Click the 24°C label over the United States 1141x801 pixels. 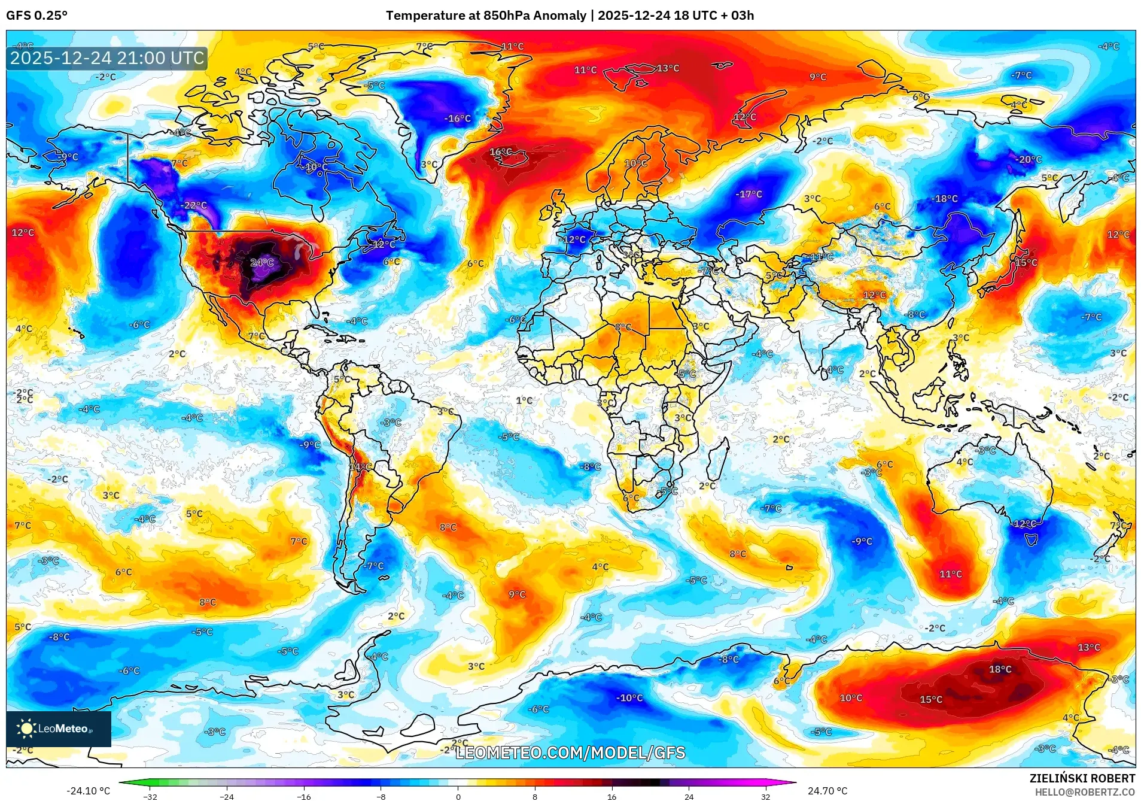point(261,262)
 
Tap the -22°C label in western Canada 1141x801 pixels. point(194,205)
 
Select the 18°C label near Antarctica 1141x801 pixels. point(1000,669)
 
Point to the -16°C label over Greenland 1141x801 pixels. point(457,119)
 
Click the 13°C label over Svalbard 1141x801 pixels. point(668,68)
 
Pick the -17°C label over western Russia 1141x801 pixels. point(749,194)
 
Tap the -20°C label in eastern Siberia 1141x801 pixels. point(1028,159)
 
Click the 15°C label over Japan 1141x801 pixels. point(1026,262)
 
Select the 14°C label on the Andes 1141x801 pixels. point(360,466)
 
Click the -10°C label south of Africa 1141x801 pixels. point(629,698)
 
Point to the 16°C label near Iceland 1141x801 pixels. point(500,152)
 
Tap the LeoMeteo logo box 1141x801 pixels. point(59,729)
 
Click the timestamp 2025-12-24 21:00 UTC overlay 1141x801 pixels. point(107,58)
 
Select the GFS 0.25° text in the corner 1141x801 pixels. point(37,16)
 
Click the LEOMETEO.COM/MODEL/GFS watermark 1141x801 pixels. point(570,753)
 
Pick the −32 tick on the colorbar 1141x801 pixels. point(150,796)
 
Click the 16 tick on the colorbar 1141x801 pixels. point(611,796)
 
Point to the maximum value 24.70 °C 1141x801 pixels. point(827,791)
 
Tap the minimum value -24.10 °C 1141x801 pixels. point(88,791)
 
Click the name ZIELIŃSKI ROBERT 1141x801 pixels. point(1082,778)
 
